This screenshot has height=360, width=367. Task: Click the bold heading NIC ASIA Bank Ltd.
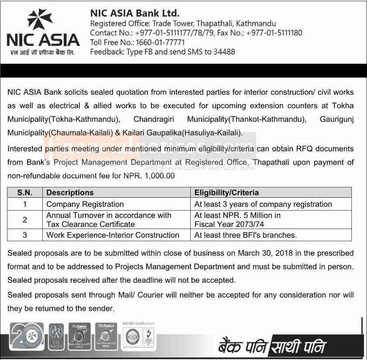pyautogui.click(x=134, y=13)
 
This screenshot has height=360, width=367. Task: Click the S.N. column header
pyautogui.click(x=25, y=192)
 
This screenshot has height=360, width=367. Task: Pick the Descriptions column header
pyautogui.click(x=70, y=192)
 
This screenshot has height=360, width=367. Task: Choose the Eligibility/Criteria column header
pyautogui.click(x=226, y=192)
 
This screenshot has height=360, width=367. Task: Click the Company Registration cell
pyautogui.click(x=85, y=204)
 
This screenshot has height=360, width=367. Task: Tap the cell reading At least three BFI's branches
pyautogui.click(x=246, y=235)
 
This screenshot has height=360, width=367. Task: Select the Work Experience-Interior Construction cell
pyautogui.click(x=113, y=235)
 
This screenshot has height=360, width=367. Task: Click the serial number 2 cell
pyautogui.click(x=25, y=219)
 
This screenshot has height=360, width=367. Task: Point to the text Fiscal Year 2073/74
pyautogui.click(x=229, y=224)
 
